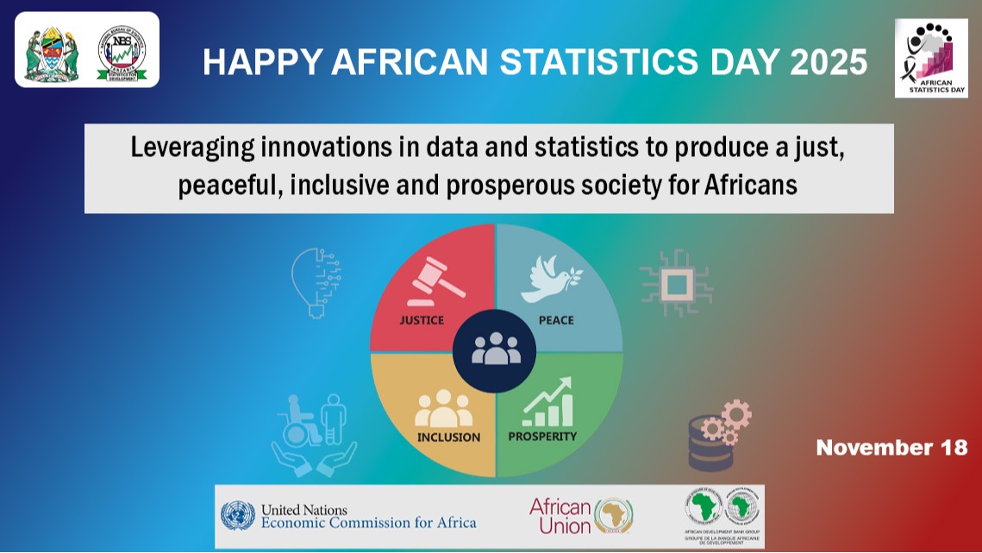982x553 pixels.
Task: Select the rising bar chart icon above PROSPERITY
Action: [547, 403]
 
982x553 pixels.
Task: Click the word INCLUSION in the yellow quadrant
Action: [448, 437]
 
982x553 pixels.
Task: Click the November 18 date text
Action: [891, 448]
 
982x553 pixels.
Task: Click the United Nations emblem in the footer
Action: [238, 516]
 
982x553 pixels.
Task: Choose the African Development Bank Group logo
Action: [723, 516]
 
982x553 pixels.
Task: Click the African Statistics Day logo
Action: [930, 58]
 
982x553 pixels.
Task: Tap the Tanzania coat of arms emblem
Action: [52, 53]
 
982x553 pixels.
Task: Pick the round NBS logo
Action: [122, 53]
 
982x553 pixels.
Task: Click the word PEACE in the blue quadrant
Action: [556, 320]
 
